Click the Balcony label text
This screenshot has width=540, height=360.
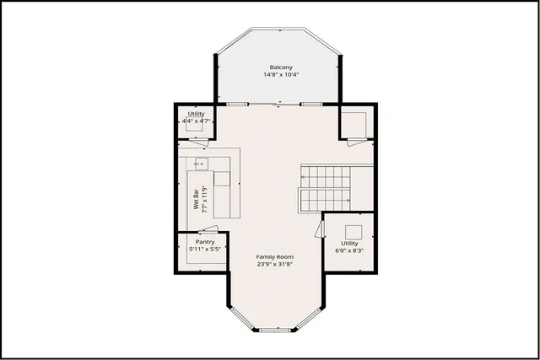pos(281,67)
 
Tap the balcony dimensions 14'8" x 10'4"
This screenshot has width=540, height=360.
pos(281,75)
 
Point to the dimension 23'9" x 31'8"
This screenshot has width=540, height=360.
pos(274,264)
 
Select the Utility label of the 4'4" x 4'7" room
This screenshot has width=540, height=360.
pos(197,113)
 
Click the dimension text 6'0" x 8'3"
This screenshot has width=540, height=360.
pos(349,250)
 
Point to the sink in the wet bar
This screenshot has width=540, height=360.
pos(202,164)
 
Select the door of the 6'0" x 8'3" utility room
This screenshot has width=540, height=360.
pos(321,228)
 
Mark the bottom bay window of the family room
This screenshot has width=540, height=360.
pos(273,329)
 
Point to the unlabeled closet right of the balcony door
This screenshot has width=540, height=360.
pos(354,125)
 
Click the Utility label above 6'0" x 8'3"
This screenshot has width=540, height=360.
pos(349,243)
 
